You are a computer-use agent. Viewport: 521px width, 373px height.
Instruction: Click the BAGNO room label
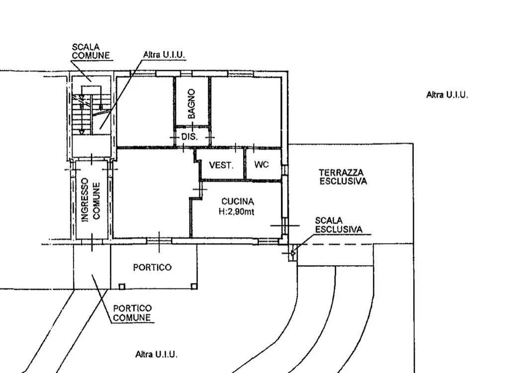(192, 104)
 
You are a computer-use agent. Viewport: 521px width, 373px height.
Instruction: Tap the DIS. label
(189, 137)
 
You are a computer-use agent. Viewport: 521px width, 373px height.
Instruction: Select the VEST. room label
(221, 165)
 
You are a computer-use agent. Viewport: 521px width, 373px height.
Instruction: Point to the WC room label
(261, 164)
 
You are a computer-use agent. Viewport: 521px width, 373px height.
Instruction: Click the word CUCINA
(238, 201)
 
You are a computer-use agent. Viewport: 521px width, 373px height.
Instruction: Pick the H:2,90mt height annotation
(236, 211)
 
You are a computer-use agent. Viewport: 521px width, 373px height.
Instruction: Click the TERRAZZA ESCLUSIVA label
(343, 177)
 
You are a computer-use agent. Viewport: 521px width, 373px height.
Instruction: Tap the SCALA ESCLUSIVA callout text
(339, 225)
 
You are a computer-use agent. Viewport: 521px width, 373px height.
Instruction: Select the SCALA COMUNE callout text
(90, 51)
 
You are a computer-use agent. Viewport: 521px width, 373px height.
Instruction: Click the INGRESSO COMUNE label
(90, 200)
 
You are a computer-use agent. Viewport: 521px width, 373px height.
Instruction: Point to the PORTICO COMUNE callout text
(132, 313)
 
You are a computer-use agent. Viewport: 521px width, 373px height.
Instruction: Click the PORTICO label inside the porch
(152, 267)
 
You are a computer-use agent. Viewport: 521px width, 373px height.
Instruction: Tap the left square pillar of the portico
(122, 286)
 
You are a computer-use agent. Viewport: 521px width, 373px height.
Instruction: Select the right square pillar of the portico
(194, 286)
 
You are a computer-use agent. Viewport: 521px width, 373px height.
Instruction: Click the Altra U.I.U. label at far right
(447, 95)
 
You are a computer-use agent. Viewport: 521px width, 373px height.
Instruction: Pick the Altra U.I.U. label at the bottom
(156, 355)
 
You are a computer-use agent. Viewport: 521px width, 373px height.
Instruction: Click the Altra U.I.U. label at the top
(164, 55)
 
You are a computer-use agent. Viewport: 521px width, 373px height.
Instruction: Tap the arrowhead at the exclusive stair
(293, 253)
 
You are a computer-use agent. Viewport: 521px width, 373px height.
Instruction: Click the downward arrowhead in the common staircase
(82, 132)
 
